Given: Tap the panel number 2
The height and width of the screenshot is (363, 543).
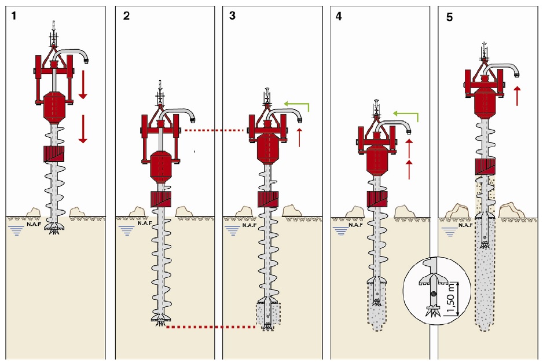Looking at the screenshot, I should click(126, 16).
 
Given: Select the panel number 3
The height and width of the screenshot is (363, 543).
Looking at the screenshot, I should click(232, 16).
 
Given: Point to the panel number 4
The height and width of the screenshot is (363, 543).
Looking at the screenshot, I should click(339, 16).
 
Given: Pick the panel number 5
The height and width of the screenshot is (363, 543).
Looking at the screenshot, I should click(450, 17).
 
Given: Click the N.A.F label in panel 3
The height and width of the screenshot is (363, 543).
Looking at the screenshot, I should click(250, 225).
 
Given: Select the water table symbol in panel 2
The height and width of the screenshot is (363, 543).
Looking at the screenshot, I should click(126, 231).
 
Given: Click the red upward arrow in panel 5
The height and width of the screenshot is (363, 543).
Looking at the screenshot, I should click(518, 96).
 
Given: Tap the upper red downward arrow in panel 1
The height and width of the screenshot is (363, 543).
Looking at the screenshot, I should click(82, 83).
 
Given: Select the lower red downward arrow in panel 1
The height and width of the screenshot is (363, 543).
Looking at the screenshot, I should click(82, 128).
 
